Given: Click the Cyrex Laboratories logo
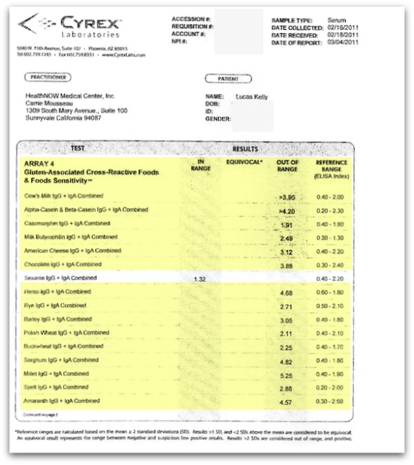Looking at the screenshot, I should pos(69,27).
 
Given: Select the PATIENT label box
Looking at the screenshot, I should pos(228,79).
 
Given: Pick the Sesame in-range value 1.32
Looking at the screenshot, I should pos(201,278).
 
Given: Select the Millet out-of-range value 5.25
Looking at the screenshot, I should pos(287,374).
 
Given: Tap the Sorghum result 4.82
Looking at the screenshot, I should pos(287,361).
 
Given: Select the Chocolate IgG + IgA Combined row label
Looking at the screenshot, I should pos(63,265).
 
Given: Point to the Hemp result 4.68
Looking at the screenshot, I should pos(287,293).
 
